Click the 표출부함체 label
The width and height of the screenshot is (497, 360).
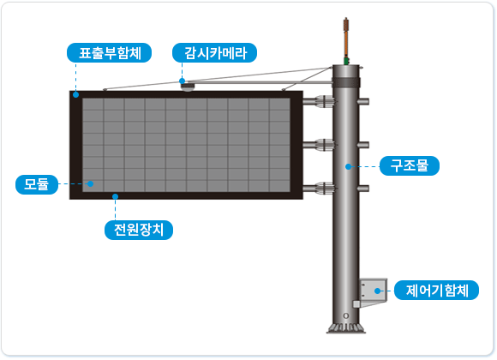(109, 52)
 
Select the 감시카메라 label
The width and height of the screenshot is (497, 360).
(214, 52)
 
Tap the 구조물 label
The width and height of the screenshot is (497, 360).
(410, 165)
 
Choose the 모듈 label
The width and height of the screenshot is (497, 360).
(37, 184)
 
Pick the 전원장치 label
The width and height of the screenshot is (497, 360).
(139, 230)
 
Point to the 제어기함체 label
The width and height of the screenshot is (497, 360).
(436, 290)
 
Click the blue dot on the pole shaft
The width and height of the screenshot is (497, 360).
(349, 166)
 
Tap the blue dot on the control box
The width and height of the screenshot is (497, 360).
(377, 291)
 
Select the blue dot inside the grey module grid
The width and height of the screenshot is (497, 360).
(90, 183)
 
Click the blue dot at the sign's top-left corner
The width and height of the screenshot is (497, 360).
(75, 94)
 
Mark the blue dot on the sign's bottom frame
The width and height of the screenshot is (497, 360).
(116, 196)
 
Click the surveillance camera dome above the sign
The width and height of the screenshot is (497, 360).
(188, 87)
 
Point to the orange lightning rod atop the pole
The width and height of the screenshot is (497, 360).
(346, 38)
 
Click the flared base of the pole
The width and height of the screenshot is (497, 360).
(346, 328)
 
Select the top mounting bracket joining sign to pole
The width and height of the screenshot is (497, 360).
(319, 101)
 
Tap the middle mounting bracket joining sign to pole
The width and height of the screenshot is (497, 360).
(319, 145)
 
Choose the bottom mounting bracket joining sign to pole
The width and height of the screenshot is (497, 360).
(319, 189)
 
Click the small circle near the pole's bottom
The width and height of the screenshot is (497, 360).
(346, 316)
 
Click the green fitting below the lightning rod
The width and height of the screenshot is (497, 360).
(346, 61)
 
